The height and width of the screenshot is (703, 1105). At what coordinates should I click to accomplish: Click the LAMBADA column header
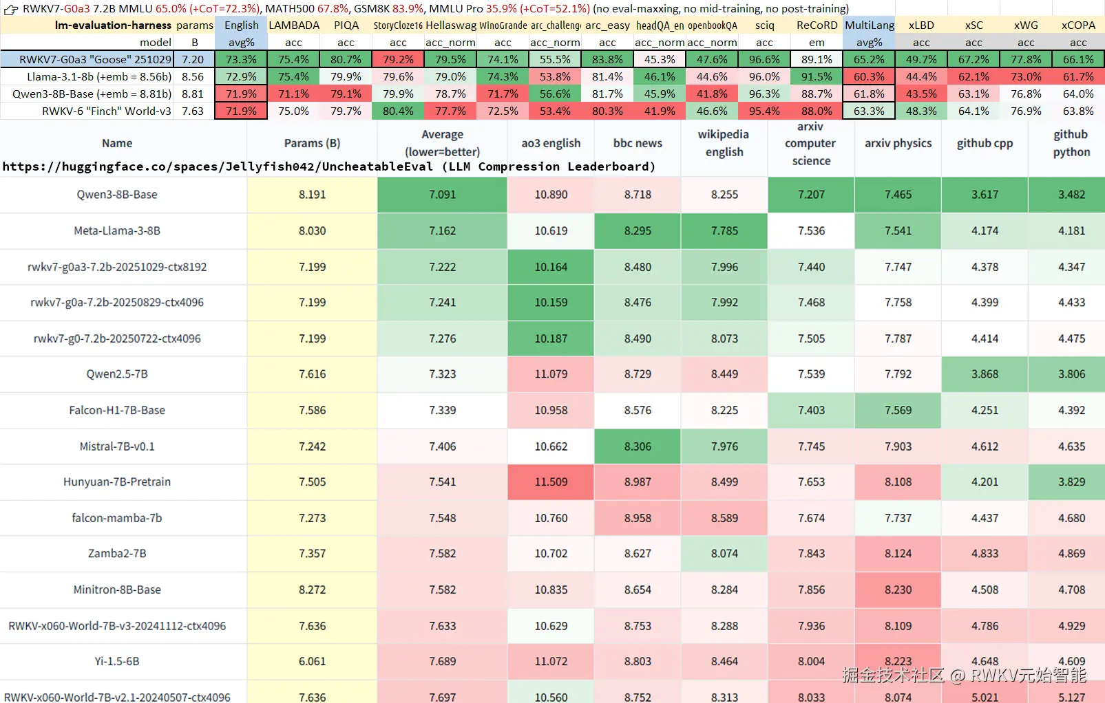click(294, 25)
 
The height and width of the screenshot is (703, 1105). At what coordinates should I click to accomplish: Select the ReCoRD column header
click(817, 25)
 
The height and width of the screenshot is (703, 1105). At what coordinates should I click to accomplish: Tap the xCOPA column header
click(1078, 25)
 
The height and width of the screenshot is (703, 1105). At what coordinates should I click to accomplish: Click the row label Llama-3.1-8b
click(99, 76)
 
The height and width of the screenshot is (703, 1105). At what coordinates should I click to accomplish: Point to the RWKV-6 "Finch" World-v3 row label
click(107, 111)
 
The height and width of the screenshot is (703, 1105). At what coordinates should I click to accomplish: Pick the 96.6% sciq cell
click(764, 60)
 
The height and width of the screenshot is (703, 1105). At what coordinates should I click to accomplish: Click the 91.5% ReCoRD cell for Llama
click(817, 76)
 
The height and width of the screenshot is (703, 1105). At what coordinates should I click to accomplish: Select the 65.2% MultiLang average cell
click(869, 60)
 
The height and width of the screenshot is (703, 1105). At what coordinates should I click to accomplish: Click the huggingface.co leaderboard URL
click(218, 166)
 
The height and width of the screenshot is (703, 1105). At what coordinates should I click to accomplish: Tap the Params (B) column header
click(312, 143)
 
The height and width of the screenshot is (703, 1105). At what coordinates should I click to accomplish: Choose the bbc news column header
click(638, 143)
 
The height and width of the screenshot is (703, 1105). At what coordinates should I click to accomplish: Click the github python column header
click(1071, 143)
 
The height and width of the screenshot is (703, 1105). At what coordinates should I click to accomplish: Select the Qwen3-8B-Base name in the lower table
click(117, 195)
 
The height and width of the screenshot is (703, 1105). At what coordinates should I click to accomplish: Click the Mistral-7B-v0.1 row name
click(117, 446)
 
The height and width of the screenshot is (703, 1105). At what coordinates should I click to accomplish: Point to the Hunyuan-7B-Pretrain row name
click(117, 482)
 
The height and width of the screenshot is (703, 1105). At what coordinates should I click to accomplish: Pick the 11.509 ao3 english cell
click(551, 482)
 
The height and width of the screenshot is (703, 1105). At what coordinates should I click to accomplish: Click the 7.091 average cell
click(442, 195)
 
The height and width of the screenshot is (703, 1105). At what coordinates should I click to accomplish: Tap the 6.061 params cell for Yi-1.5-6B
click(312, 661)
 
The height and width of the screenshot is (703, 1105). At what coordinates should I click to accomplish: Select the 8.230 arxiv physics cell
click(898, 590)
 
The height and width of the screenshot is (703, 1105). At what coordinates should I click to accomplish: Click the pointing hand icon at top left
click(10, 9)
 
